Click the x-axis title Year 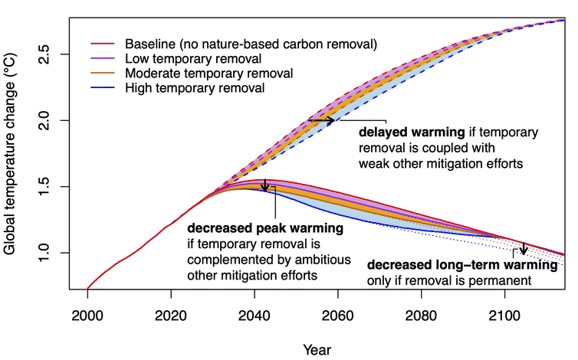click(317, 349)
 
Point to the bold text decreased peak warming click(264, 228)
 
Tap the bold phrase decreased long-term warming click(462, 265)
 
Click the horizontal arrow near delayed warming click(321, 120)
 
